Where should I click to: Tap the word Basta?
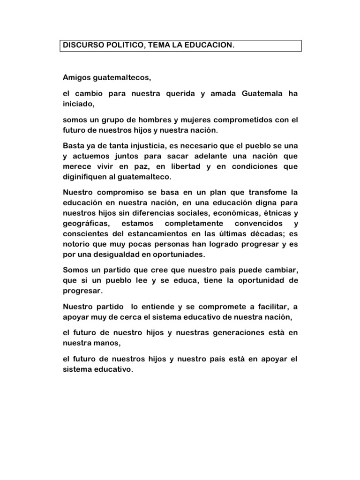pyautogui.click(x=74, y=145)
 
